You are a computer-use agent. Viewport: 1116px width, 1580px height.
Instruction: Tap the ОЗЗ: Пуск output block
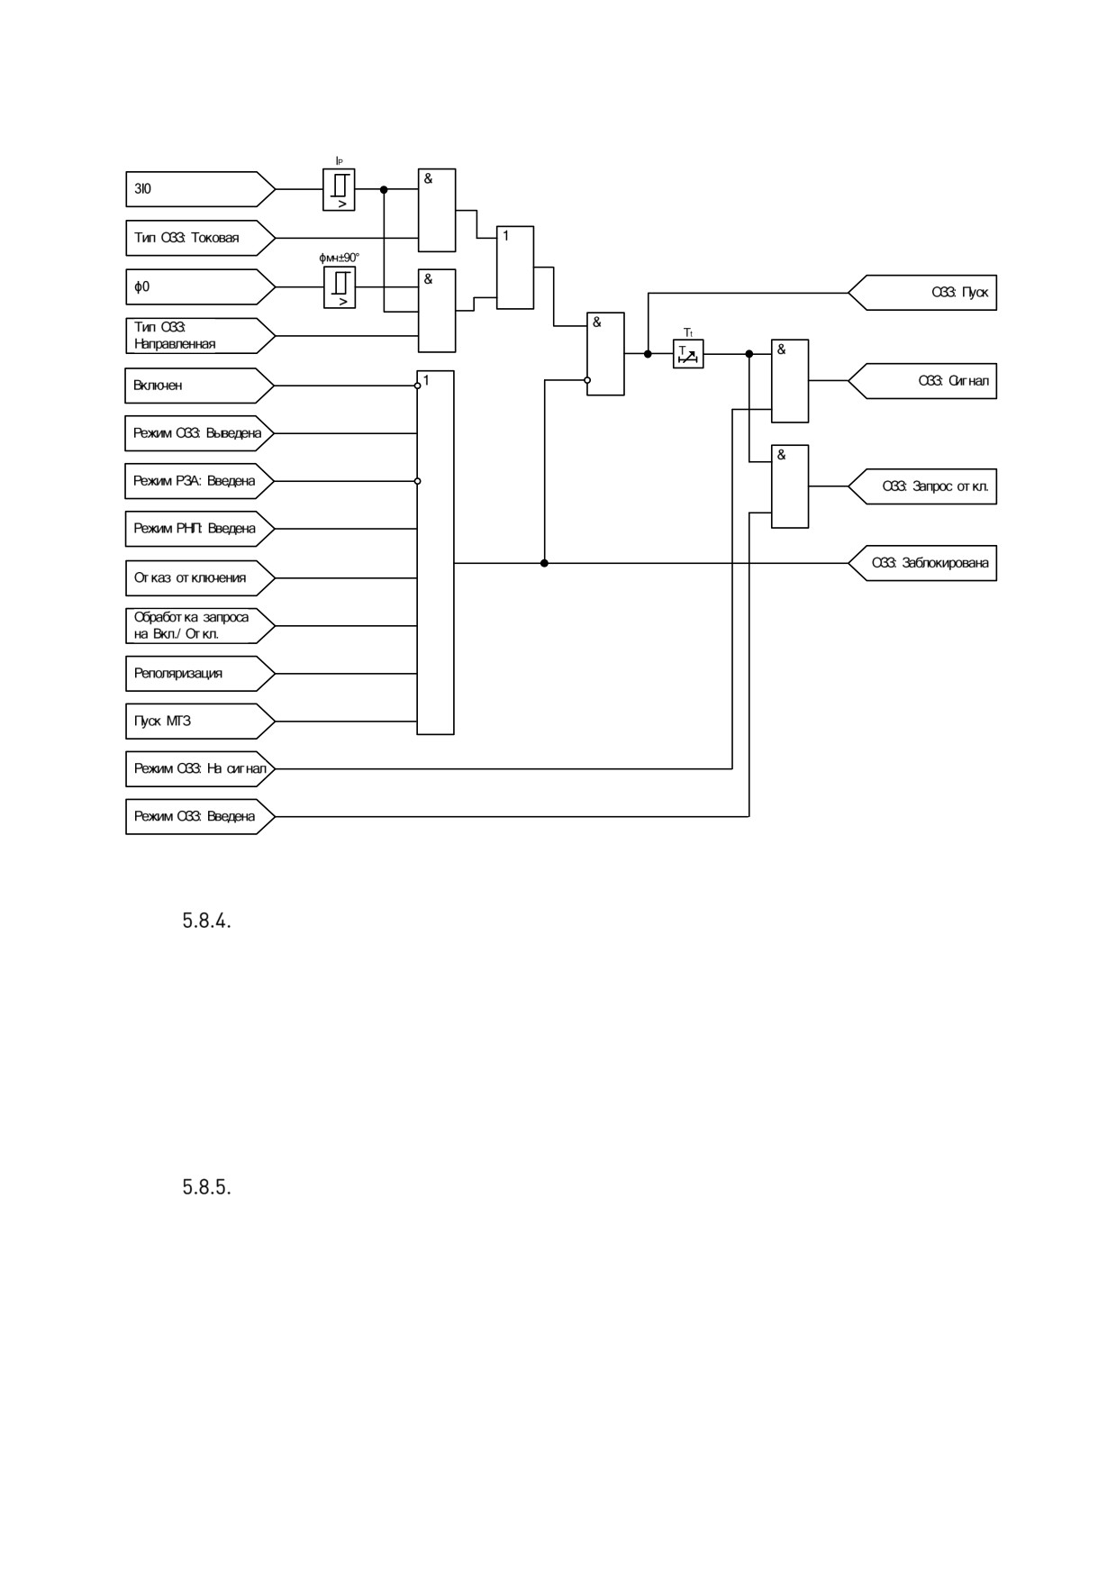click(x=922, y=293)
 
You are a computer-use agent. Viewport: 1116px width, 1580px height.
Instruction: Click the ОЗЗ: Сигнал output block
click(x=922, y=381)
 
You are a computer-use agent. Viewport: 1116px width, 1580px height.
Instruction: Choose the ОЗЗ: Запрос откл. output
click(x=922, y=486)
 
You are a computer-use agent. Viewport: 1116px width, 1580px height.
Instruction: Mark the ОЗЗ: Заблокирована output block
click(x=922, y=563)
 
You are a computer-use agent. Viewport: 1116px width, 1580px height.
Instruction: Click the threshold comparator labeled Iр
click(x=339, y=190)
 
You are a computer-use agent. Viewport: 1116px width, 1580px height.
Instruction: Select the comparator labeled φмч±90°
click(x=340, y=287)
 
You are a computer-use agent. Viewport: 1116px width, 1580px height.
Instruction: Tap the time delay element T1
click(x=688, y=354)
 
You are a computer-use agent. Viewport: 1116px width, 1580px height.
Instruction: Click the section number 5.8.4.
click(x=207, y=922)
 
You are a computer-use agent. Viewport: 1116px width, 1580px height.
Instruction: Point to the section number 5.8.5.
click(x=207, y=1187)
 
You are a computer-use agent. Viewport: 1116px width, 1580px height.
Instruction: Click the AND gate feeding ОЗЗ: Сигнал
click(x=790, y=381)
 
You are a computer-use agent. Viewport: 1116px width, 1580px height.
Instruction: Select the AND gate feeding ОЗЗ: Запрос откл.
click(x=790, y=486)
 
